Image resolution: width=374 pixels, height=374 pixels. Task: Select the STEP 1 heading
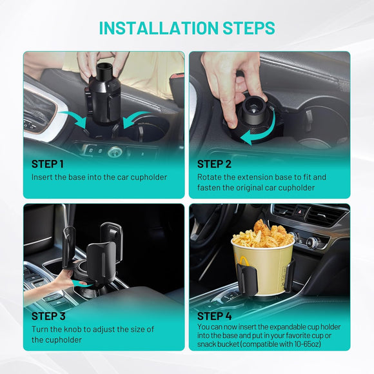coord(48,164)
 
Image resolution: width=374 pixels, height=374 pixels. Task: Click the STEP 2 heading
coord(214,164)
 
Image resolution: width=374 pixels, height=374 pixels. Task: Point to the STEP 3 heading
coord(48,316)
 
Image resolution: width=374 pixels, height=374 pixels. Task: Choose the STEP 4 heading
coord(215,316)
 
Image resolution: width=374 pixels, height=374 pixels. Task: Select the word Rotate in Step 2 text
coord(210,177)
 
